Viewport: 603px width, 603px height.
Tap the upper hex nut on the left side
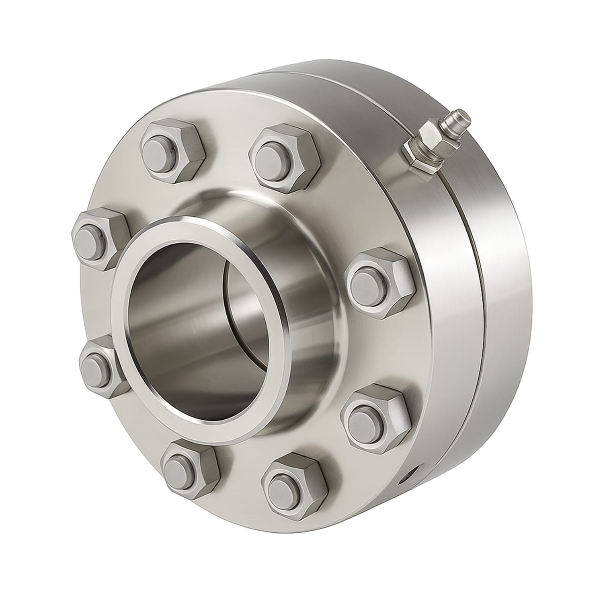[x=100, y=239]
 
